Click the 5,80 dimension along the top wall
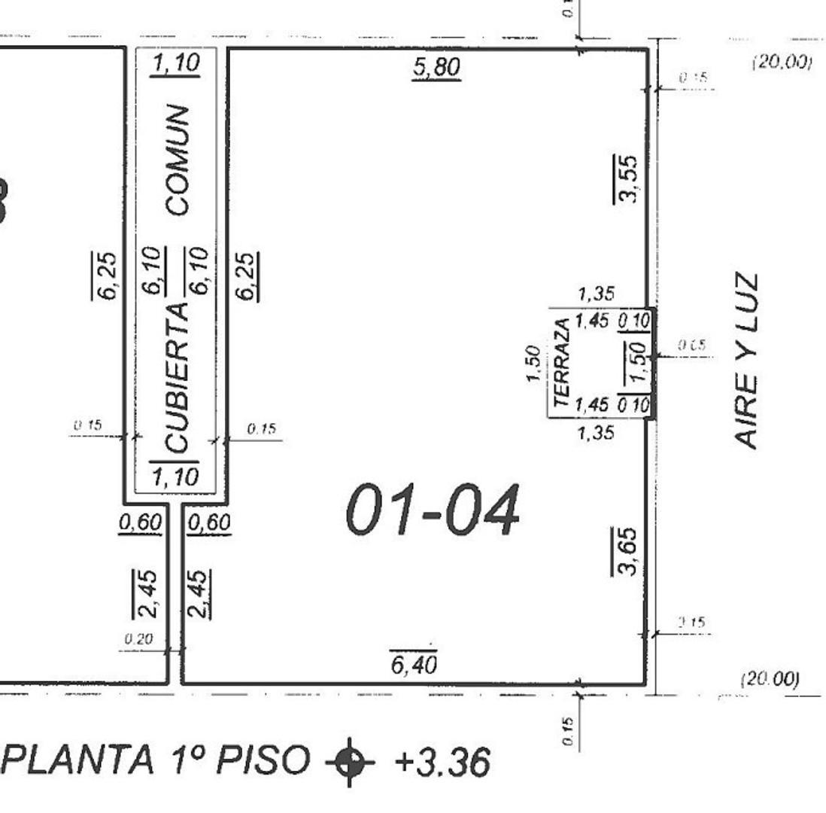pos(436,67)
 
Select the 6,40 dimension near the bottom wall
pos(414,665)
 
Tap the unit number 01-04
pos(433,510)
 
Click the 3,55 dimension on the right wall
pos(628,178)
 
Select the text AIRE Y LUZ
pos(746,361)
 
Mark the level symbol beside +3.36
pos(349,761)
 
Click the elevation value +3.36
pos(442,761)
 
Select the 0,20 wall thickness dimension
pos(138,639)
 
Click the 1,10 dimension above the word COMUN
pos(175,64)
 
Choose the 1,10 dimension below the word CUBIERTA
pos(174,477)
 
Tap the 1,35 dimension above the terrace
pos(596,294)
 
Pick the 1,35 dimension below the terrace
pos(596,432)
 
